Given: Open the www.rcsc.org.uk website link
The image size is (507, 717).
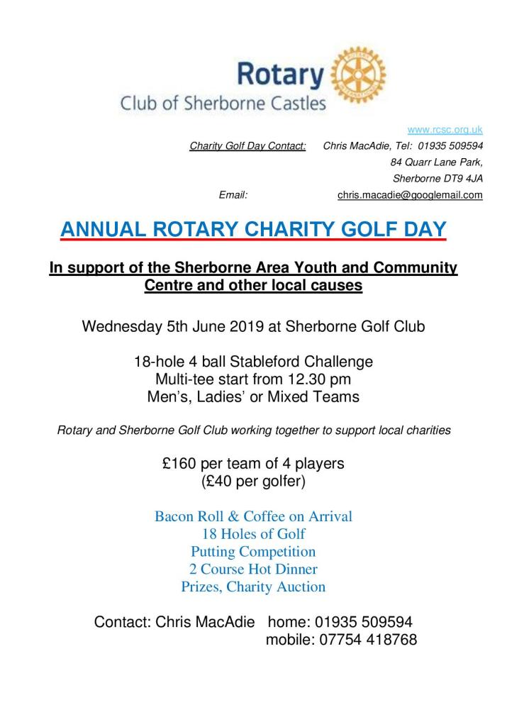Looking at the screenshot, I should (x=445, y=130).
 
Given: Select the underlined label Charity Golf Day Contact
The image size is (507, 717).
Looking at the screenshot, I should (x=247, y=146).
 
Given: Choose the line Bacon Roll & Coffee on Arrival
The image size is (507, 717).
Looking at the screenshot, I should (x=253, y=516).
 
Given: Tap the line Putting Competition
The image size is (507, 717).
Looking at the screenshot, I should (x=253, y=551).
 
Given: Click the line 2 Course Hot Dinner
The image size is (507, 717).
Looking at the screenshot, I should (x=253, y=569).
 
